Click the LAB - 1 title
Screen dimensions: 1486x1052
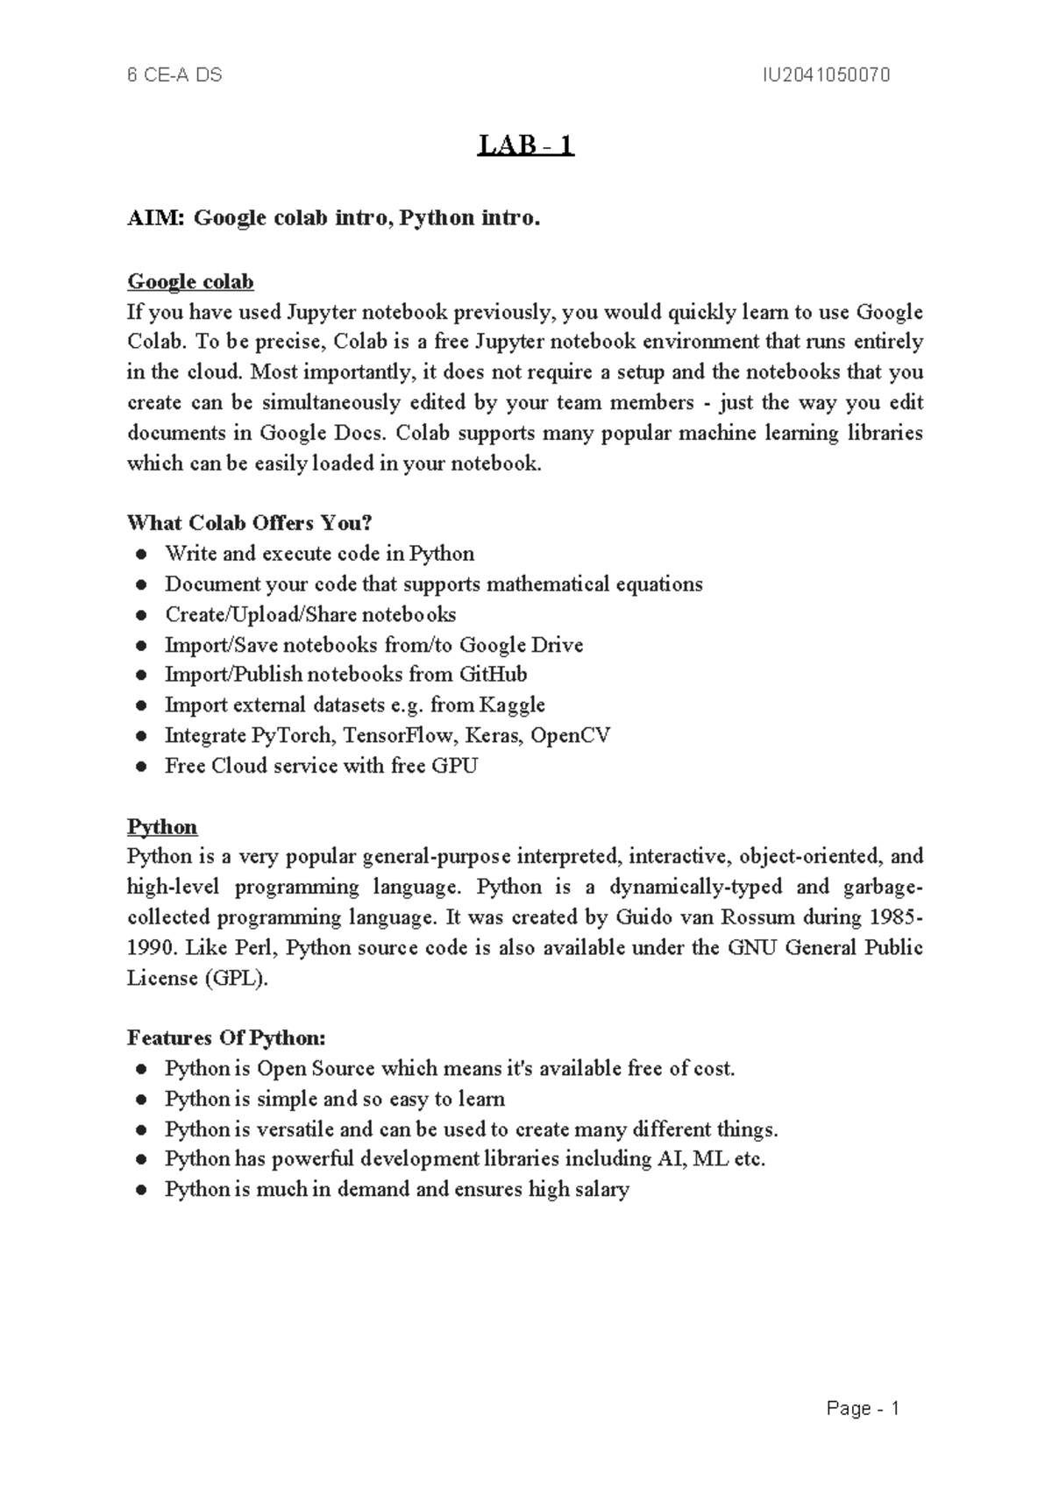click(525, 145)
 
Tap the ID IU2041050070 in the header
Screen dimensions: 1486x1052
click(826, 75)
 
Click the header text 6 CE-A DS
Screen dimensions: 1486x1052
click(174, 75)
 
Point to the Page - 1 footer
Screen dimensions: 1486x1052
click(863, 1409)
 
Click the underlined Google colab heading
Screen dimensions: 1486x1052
click(190, 282)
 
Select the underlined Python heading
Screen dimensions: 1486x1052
click(162, 827)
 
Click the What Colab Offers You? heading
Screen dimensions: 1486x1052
click(250, 523)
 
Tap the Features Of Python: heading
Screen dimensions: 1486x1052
click(226, 1038)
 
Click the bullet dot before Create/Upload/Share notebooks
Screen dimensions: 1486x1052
click(140, 615)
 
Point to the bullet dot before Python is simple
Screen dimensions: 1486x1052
click(140, 1100)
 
